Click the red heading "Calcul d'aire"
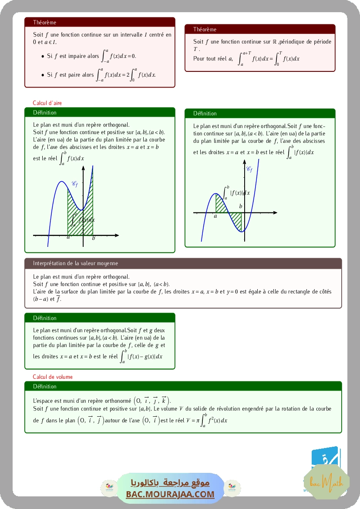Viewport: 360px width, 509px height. (47, 103)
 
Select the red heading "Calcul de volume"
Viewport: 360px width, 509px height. (53, 377)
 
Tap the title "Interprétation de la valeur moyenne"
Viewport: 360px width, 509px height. (75, 263)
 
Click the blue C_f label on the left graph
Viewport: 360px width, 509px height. (74, 184)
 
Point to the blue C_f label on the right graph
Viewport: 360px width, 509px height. (249, 169)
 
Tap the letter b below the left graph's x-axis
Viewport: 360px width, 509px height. (94, 238)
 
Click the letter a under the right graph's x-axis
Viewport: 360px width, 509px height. (215, 216)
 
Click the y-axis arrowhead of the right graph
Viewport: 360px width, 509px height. (244, 162)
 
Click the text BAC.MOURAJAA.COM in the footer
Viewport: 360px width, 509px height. (170, 494)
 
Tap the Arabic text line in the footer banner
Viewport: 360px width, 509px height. (170, 483)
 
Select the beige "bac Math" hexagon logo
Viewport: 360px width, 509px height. (326, 482)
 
